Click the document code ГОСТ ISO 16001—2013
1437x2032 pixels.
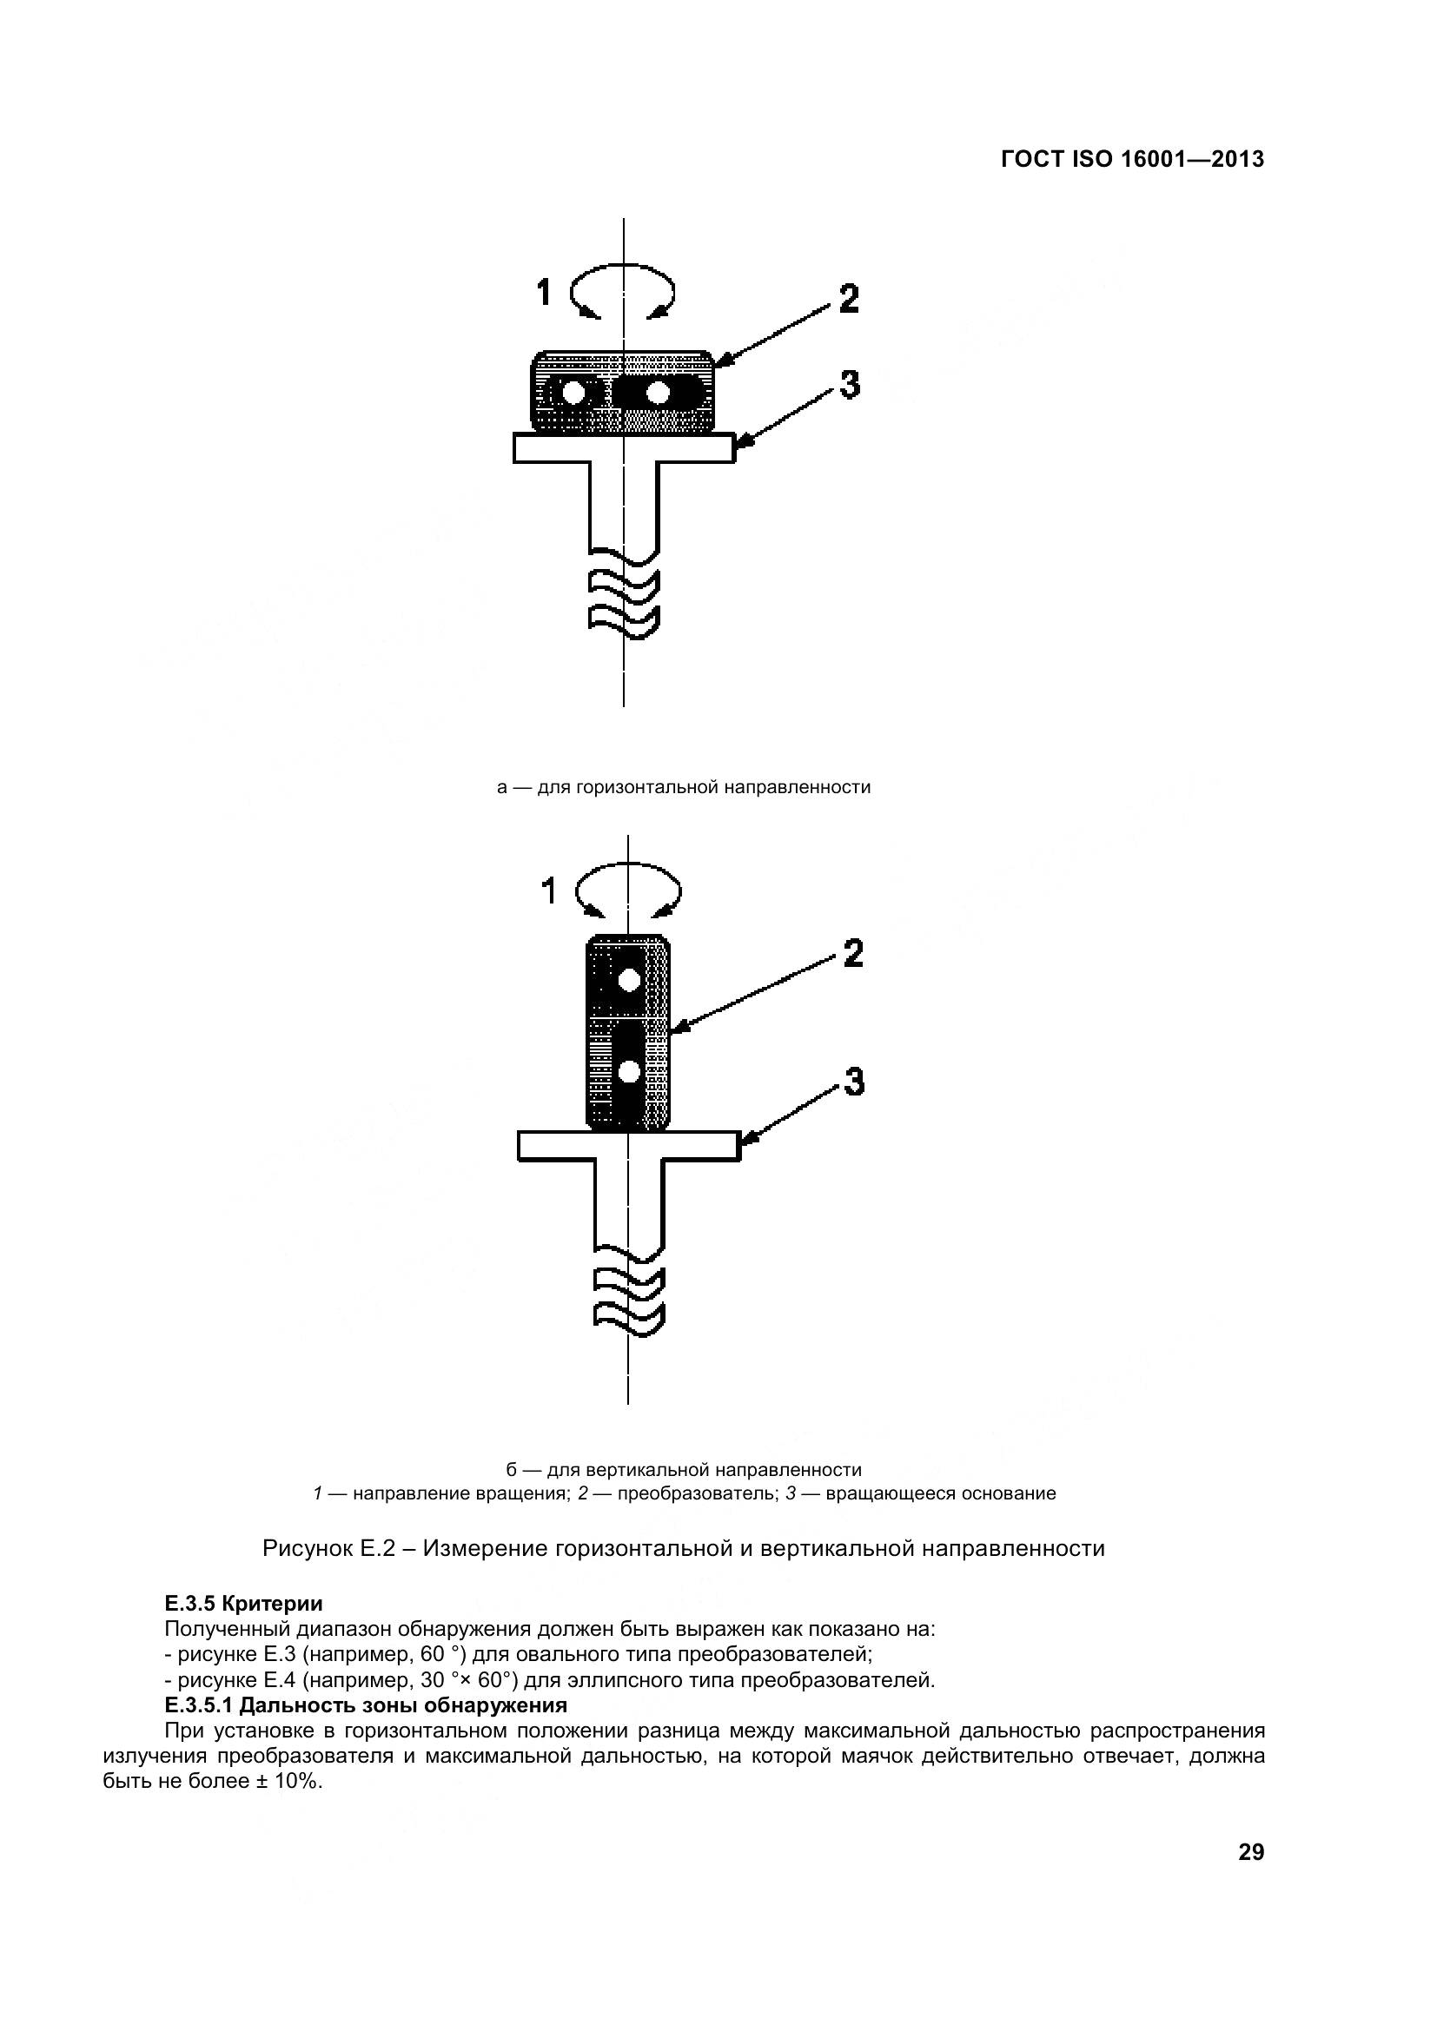1132,159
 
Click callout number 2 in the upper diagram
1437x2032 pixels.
848,299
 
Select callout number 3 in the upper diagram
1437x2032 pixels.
849,385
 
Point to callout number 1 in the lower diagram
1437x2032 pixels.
548,891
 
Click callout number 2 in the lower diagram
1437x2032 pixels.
852,954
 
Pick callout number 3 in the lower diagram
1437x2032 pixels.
853,1082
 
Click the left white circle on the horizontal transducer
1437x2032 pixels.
574,392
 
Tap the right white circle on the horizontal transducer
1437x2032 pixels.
658,392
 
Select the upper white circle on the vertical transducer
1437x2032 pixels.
629,980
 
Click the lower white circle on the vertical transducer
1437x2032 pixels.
629,1072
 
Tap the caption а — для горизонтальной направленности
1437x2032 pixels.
683,787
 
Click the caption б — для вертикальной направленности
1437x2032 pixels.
683,1470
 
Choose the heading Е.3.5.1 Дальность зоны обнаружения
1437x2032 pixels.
366,1704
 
